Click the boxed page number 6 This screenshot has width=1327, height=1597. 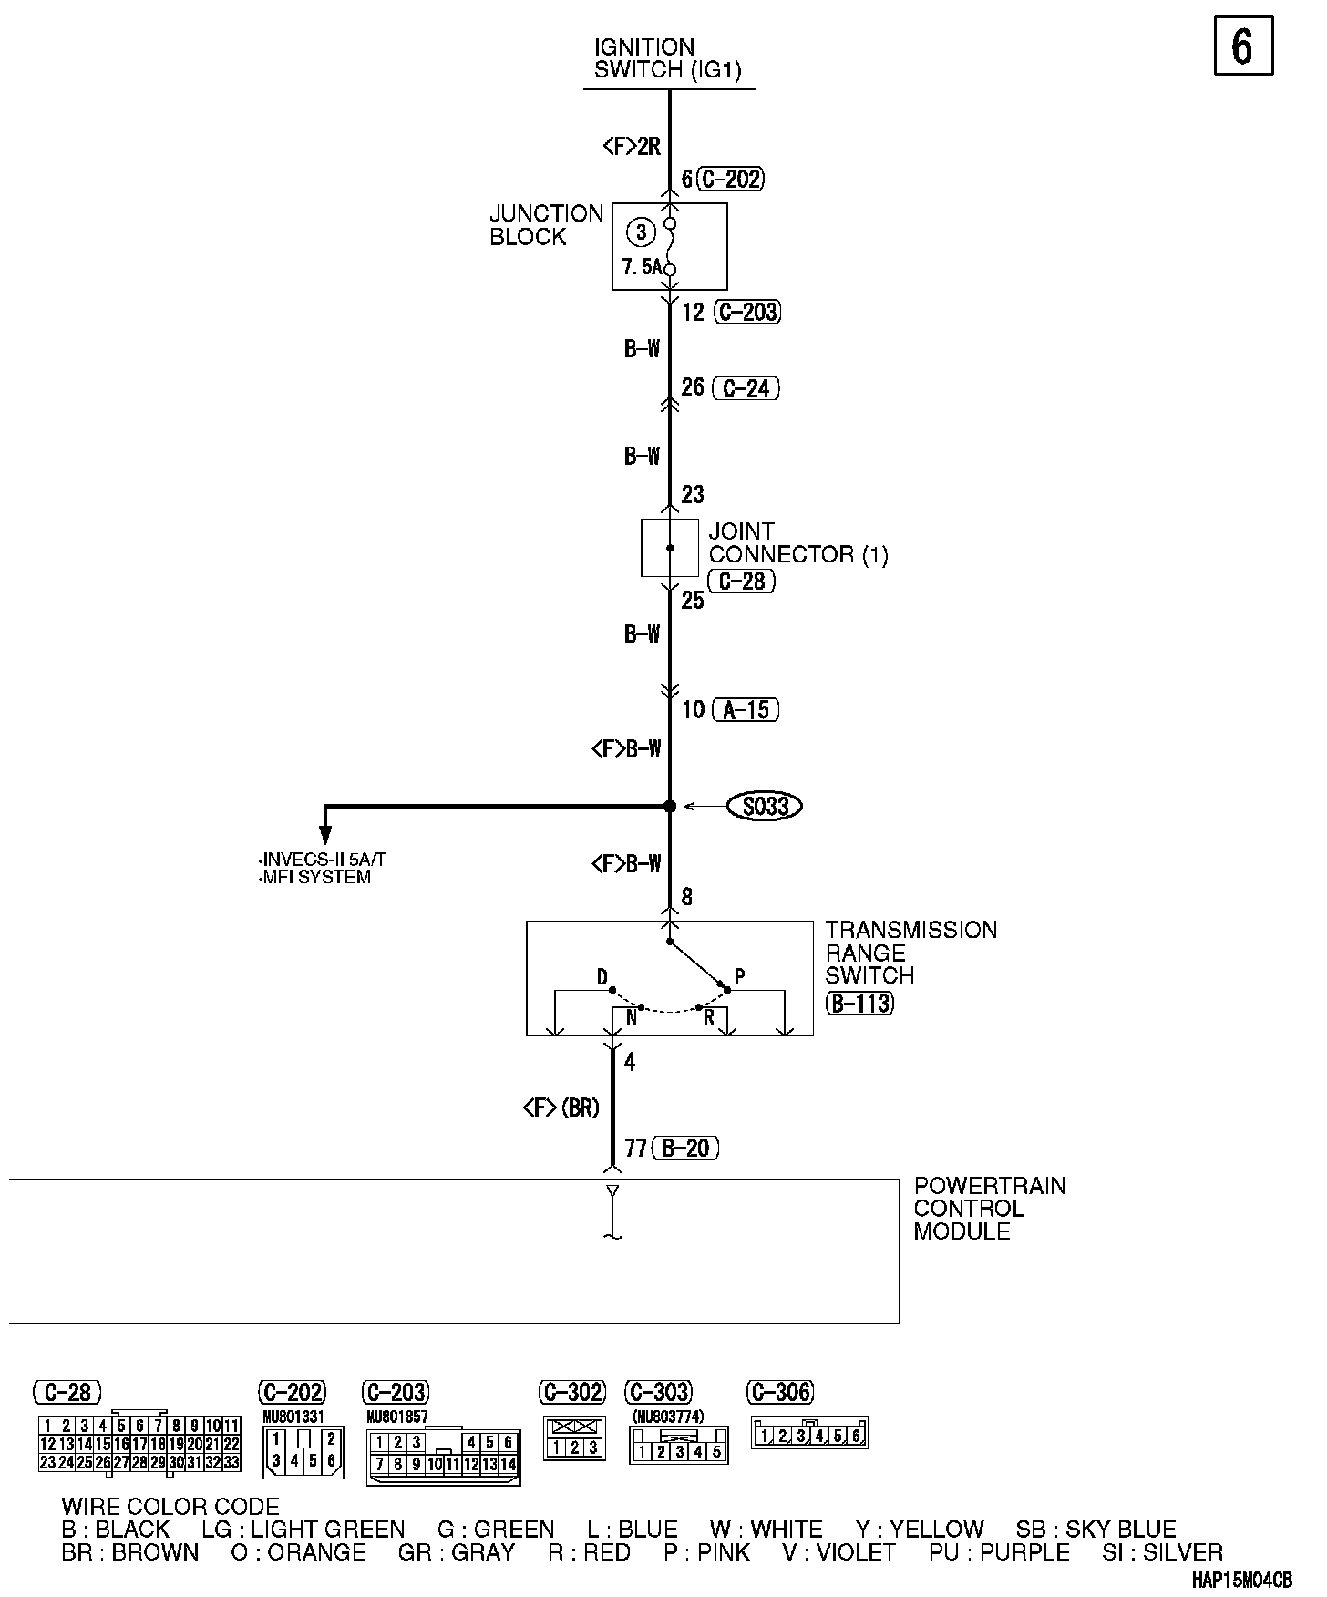click(1243, 46)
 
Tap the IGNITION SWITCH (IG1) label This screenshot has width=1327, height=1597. click(668, 58)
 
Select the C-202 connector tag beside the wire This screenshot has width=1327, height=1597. click(730, 179)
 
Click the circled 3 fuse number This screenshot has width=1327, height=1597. click(642, 232)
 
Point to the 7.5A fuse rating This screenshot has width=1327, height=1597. click(642, 268)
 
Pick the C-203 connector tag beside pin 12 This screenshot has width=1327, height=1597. click(746, 312)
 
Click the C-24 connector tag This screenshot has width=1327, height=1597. click(746, 388)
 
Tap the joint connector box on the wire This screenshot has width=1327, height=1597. click(670, 548)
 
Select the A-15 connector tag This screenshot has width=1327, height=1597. click(746, 709)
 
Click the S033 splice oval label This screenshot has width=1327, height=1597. click(765, 806)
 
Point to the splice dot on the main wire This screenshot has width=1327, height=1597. click(670, 806)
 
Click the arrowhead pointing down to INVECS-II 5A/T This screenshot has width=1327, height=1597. click(325, 835)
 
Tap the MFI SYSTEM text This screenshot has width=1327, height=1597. click(315, 878)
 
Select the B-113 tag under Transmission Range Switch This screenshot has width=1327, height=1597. click(859, 1004)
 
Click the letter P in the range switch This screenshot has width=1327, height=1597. click(740, 976)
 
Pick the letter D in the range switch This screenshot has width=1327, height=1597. click(602, 977)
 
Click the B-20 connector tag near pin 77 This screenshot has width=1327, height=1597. click(685, 1148)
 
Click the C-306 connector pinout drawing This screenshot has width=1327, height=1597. click(809, 1436)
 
